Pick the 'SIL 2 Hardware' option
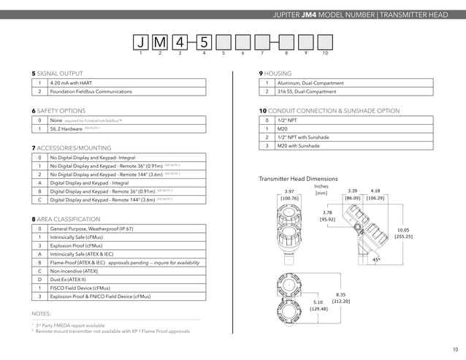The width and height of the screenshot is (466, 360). tap(66, 128)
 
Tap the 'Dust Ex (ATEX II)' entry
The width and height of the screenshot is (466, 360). tap(71, 278)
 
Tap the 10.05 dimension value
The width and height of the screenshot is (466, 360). tap(403, 229)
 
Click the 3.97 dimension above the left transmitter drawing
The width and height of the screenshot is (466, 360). tap(289, 191)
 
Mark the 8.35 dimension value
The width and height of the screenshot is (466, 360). tap(340, 294)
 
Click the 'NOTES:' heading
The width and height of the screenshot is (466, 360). tap(42, 313)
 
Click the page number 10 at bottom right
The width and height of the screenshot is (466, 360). tap(454, 348)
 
